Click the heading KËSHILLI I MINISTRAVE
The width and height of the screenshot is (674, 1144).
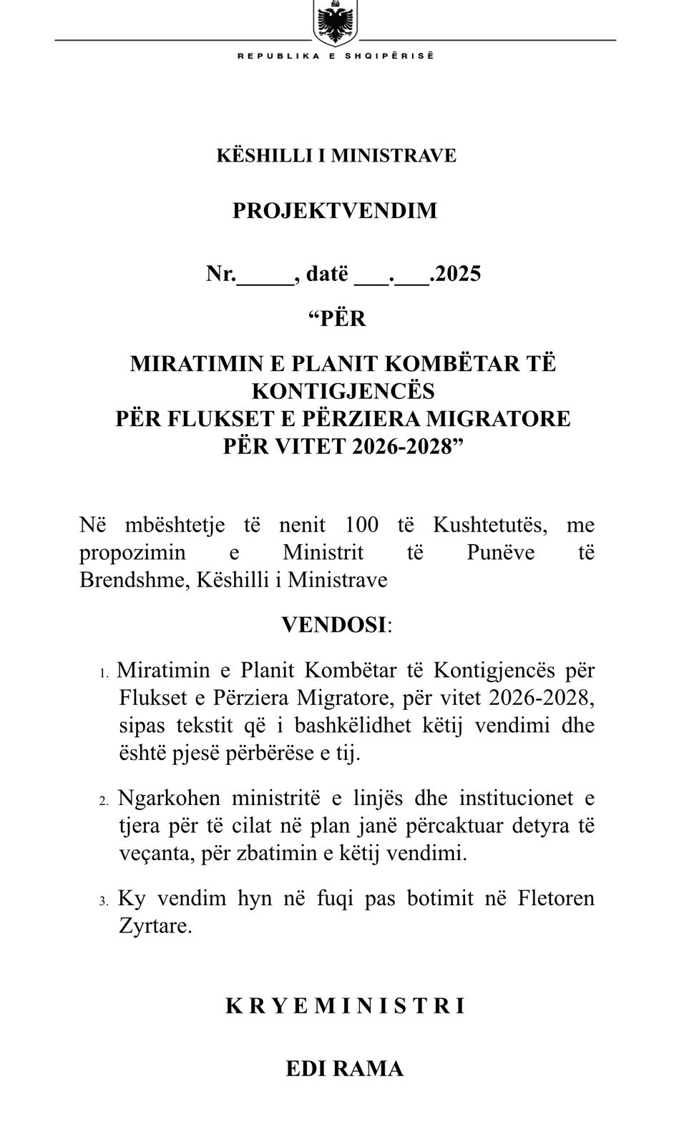pos(336,155)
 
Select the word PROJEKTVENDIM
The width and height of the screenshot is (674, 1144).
pos(335,211)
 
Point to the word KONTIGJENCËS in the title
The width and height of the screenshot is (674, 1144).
pos(343,391)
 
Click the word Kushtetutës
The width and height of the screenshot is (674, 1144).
pos(490,525)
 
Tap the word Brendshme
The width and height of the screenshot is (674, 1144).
pos(128,579)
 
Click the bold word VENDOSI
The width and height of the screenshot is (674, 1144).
pos(333,625)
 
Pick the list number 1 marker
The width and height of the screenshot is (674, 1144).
pos(104,673)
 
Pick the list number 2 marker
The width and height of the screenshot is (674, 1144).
pos(104,800)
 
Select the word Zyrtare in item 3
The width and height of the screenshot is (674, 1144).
pos(155,927)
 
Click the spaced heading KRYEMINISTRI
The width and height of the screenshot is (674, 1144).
pos(346,1006)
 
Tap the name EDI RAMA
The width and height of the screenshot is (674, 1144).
pos(344,1069)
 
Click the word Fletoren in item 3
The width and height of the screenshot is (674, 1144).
pos(555,898)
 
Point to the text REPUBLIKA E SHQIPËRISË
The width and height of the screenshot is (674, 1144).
pos(336,56)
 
